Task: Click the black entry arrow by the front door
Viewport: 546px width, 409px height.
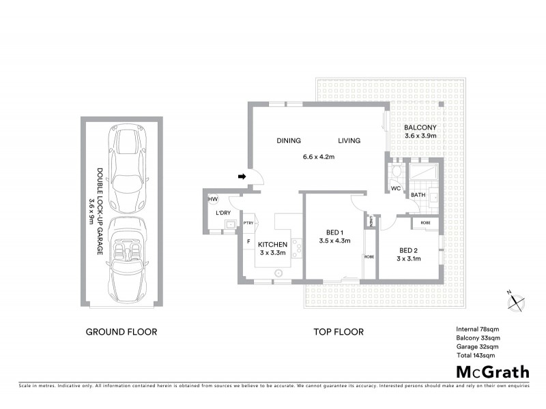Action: pyautogui.click(x=242, y=177)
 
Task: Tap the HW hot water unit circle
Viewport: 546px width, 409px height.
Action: pyautogui.click(x=212, y=199)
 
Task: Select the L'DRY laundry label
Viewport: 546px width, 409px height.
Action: pyautogui.click(x=222, y=213)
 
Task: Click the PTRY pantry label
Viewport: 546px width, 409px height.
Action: pyautogui.click(x=248, y=222)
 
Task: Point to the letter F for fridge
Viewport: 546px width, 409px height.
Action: pyautogui.click(x=248, y=241)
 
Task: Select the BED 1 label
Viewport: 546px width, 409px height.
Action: pyautogui.click(x=334, y=232)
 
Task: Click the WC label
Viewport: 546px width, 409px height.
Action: pyautogui.click(x=395, y=189)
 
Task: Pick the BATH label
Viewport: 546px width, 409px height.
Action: pyautogui.click(x=417, y=195)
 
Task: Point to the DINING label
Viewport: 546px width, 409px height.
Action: pyautogui.click(x=289, y=141)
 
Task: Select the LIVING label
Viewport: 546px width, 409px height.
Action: pyautogui.click(x=349, y=141)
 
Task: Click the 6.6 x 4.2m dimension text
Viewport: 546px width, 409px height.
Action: pyautogui.click(x=319, y=157)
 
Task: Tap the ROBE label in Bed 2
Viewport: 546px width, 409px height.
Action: pyautogui.click(x=425, y=223)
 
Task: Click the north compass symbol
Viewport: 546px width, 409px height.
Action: pyautogui.click(x=517, y=301)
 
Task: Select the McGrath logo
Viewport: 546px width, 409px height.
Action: pyautogui.click(x=492, y=372)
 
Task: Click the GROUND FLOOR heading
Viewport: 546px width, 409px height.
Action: pyautogui.click(x=121, y=332)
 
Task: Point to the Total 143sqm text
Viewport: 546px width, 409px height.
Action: pyautogui.click(x=476, y=355)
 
